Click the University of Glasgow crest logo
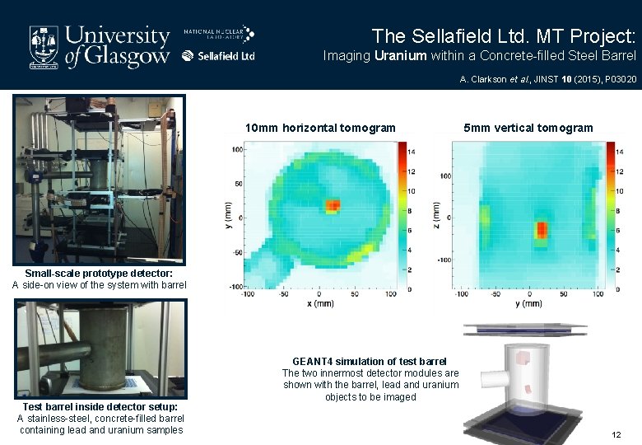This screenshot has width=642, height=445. click(x=44, y=45)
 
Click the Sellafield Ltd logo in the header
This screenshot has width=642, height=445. click(x=218, y=56)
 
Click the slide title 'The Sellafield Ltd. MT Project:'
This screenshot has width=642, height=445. click(x=503, y=36)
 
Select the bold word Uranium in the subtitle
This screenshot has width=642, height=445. click(x=400, y=56)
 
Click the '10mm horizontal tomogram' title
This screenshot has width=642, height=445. click(x=320, y=128)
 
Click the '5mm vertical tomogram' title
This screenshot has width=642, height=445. click(x=528, y=128)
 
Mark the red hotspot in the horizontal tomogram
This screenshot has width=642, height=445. click(x=333, y=205)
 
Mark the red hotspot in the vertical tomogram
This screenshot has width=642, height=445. click(x=541, y=229)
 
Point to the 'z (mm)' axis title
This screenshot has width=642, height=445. click(x=435, y=216)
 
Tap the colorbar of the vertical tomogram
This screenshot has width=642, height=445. click(x=610, y=209)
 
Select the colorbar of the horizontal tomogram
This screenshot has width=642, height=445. click(x=402, y=209)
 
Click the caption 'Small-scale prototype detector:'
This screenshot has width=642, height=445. click(x=99, y=273)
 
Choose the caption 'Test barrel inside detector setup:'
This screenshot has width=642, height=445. click(x=100, y=407)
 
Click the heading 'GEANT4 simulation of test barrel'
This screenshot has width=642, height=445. click(x=370, y=361)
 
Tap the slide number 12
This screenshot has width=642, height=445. click(x=616, y=434)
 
